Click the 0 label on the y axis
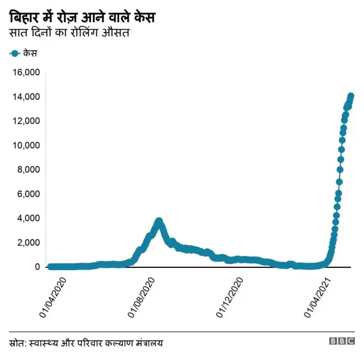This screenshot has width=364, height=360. click(x=38, y=267)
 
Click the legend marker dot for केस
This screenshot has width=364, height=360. click(x=15, y=53)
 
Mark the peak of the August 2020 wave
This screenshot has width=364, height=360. click(x=159, y=221)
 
